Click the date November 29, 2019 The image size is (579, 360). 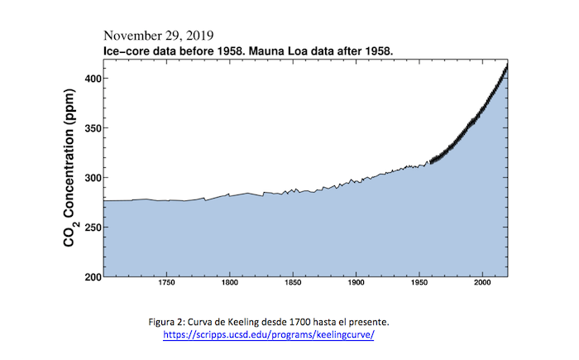(x=158, y=36)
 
